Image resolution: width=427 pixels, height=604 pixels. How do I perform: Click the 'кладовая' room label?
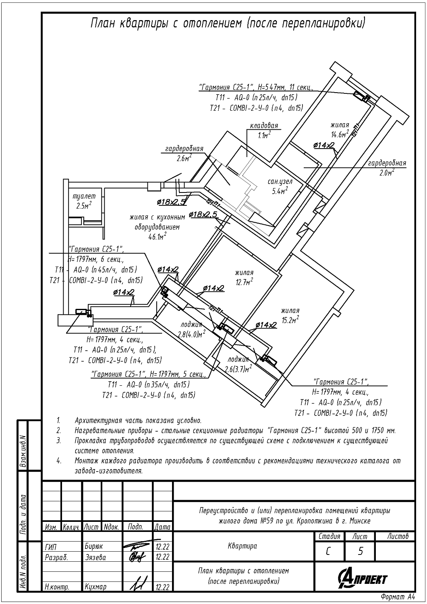pos(264,126)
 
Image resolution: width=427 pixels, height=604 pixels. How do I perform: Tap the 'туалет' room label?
pos(84,197)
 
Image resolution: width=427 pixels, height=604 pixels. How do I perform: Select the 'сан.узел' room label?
pos(280,182)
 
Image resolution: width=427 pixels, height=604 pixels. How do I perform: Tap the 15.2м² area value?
pos(290,320)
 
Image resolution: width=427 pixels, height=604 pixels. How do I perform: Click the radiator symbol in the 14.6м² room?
pos(358,95)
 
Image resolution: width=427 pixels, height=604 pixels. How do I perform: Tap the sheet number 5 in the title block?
pos(360,551)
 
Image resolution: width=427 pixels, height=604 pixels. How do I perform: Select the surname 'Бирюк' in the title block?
pos(94,547)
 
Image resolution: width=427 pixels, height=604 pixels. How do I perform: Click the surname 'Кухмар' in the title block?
pos(95,587)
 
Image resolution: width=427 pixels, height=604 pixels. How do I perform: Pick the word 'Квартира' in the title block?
pos(243,546)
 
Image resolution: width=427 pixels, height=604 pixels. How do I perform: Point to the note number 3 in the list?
pos(59,441)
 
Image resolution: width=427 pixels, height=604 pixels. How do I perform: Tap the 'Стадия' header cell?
pos(329,536)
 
